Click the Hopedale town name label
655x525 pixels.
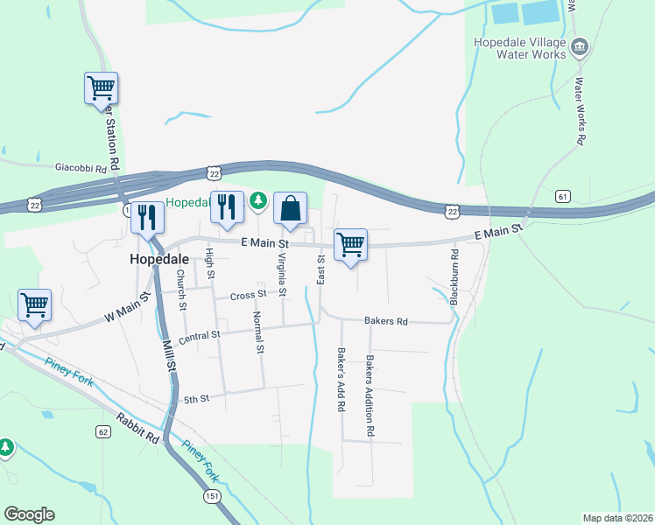tap(158, 260)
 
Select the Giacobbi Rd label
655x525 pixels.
tap(81, 167)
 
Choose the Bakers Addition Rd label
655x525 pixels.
tap(370, 396)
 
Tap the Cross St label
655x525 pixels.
tap(248, 296)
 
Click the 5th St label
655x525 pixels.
tap(196, 400)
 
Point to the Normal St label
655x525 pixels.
tap(258, 332)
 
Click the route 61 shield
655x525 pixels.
tap(562, 196)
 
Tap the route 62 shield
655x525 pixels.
tap(103, 432)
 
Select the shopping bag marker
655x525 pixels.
tap(291, 210)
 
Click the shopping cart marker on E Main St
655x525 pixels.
tap(350, 245)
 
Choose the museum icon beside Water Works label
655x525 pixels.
tap(579, 45)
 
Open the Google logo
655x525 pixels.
tap(29, 514)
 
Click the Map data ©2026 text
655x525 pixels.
tap(617, 518)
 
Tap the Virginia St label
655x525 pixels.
tap(281, 274)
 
